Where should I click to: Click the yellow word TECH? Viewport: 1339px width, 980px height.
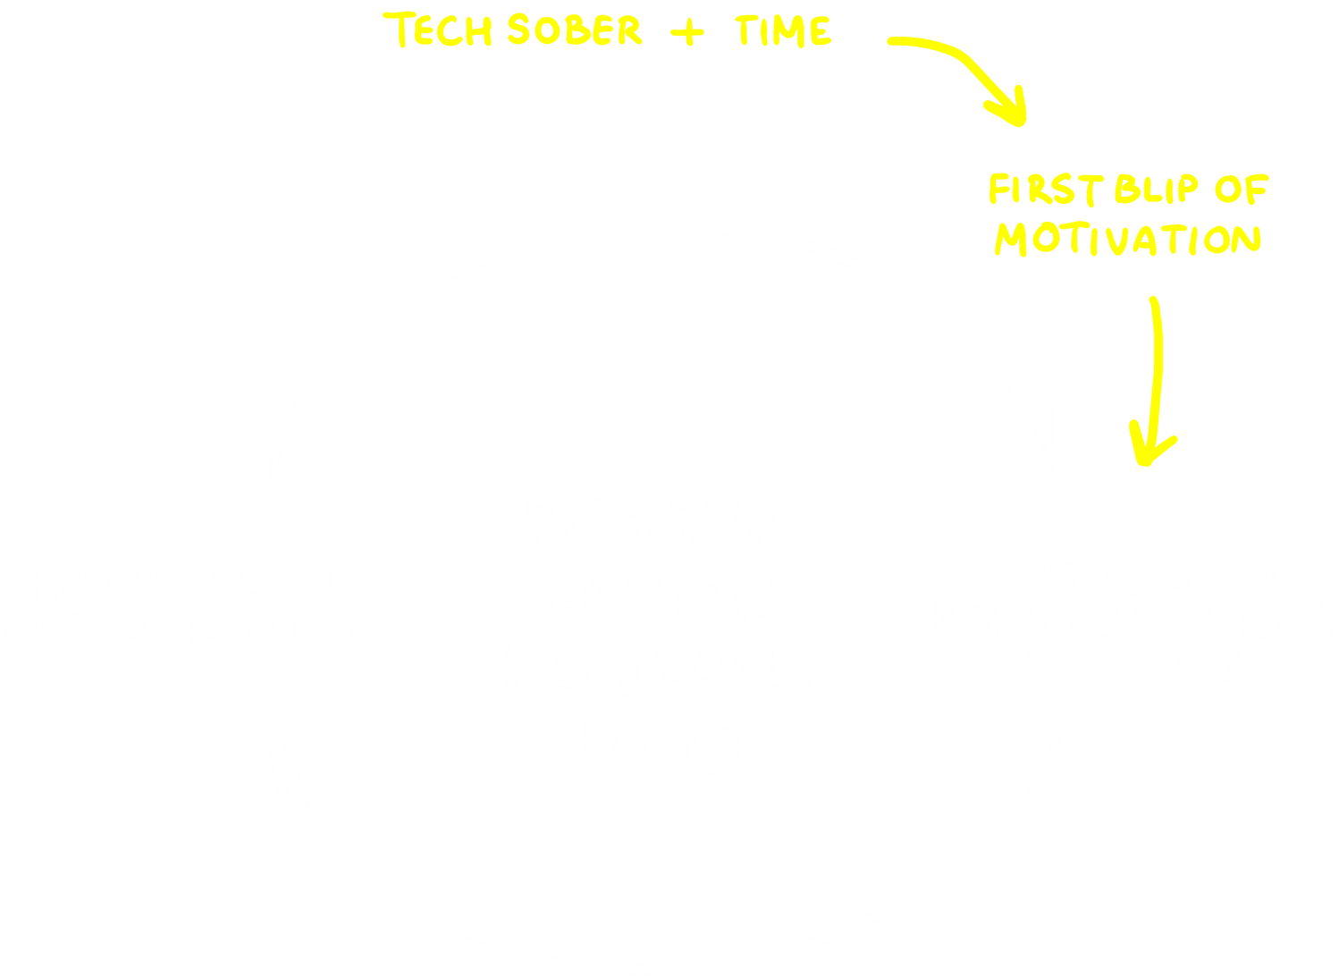[442, 30]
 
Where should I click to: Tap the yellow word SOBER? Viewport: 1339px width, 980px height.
[573, 30]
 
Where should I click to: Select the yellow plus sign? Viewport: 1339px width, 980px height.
[686, 32]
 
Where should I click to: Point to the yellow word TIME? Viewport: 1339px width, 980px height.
[783, 30]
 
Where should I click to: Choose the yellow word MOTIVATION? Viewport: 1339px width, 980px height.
[1128, 240]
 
